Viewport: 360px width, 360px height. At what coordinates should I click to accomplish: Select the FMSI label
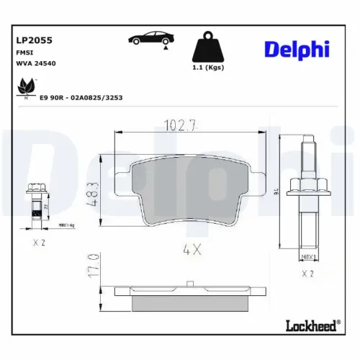coord(23,53)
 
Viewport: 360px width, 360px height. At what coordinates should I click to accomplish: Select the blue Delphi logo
coord(297,49)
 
